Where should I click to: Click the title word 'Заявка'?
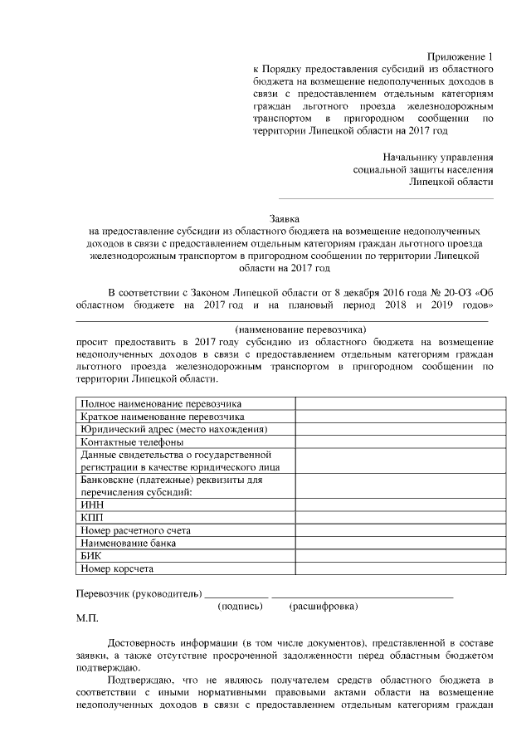click(x=285, y=218)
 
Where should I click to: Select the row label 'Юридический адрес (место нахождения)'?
click(x=173, y=430)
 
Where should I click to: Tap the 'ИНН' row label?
click(x=91, y=504)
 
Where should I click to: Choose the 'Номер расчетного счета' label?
click(x=136, y=530)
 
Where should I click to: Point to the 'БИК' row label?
click(x=90, y=556)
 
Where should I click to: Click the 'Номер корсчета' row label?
click(x=118, y=569)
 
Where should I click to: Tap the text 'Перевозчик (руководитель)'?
click(x=138, y=594)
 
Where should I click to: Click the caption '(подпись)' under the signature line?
click(x=240, y=607)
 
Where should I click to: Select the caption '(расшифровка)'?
click(x=324, y=607)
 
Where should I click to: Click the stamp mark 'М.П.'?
click(x=86, y=619)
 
